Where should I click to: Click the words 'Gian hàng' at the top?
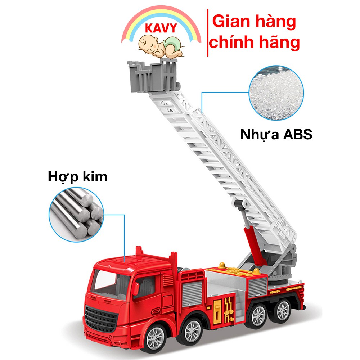[x=254, y=22]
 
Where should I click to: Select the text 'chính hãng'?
[x=255, y=42]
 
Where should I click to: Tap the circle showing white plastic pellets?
[x=276, y=93]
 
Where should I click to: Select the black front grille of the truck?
[x=102, y=317]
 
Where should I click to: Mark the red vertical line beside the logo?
[x=208, y=32]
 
